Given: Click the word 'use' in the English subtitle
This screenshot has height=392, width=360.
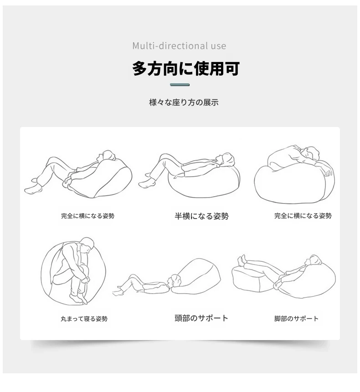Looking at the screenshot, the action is click(218, 46).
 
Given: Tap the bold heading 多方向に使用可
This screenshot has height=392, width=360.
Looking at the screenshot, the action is click(185, 68).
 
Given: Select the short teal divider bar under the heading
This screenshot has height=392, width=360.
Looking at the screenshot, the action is click(180, 85).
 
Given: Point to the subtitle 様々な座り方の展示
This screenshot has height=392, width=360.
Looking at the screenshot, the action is click(184, 102).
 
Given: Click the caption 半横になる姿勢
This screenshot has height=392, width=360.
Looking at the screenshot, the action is click(201, 216).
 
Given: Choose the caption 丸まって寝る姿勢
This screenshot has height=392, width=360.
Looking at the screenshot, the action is click(84, 319).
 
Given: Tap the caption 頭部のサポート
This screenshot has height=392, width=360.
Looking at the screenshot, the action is click(201, 318).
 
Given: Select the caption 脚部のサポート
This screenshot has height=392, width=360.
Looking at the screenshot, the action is click(296, 319).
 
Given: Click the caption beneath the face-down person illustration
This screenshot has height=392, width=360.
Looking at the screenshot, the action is click(303, 216).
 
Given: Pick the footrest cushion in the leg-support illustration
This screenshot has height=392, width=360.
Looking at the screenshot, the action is click(252, 279).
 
